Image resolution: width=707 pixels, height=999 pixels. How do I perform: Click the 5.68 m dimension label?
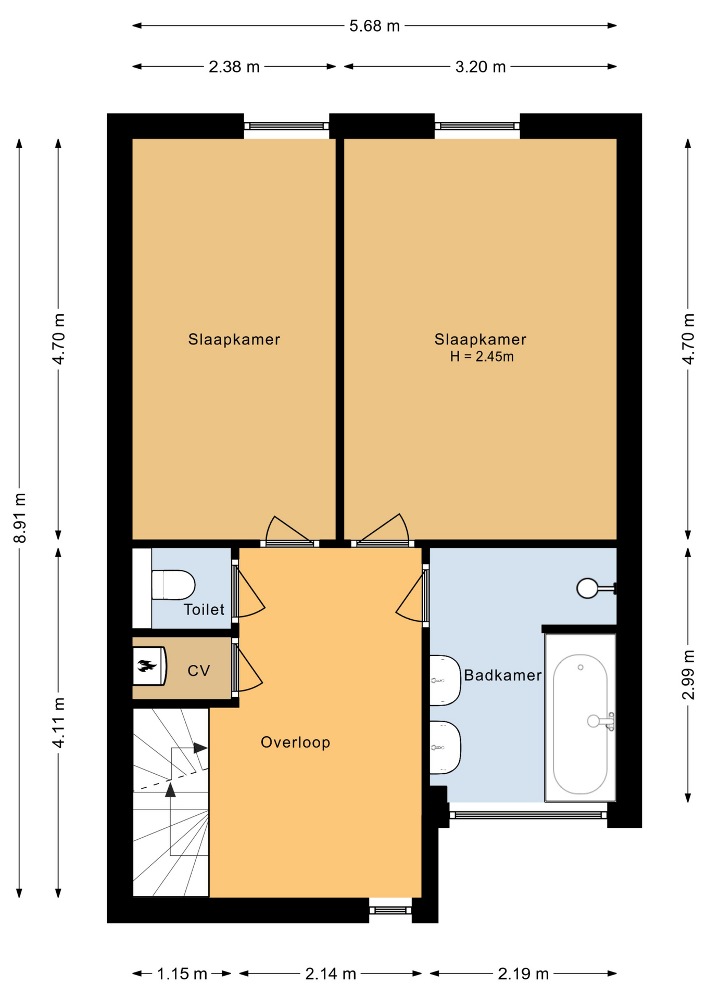coord(374,25)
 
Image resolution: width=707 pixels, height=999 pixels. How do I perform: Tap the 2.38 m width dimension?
coord(234,67)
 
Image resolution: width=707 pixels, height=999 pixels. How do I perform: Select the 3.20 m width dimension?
coord(480,67)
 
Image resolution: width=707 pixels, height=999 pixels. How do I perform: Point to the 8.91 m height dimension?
coord(20,518)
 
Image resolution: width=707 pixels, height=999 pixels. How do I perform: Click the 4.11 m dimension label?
coord(59,723)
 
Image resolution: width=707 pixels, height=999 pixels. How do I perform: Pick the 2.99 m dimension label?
coord(688,674)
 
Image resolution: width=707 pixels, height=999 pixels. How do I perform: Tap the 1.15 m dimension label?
coord(182,974)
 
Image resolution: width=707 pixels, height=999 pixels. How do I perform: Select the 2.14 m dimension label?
coord(331,974)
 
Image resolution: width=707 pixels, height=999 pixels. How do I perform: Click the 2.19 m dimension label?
coord(523,974)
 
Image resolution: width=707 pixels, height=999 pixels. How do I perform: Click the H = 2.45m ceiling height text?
coord(482,356)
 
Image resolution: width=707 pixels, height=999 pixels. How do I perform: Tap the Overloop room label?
coord(295,742)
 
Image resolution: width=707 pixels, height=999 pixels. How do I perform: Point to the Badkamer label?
coord(503,675)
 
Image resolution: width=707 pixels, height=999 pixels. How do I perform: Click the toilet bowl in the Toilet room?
coord(173,585)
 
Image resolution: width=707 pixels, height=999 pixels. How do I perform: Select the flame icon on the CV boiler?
coord(147,665)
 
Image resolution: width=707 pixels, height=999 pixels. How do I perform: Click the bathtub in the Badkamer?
coord(580,718)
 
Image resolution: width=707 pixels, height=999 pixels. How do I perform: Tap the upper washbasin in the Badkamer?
coord(445,680)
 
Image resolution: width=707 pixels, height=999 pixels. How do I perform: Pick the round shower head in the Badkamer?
coord(588,588)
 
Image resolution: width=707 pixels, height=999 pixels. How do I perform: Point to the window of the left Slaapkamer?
coord(286,126)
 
